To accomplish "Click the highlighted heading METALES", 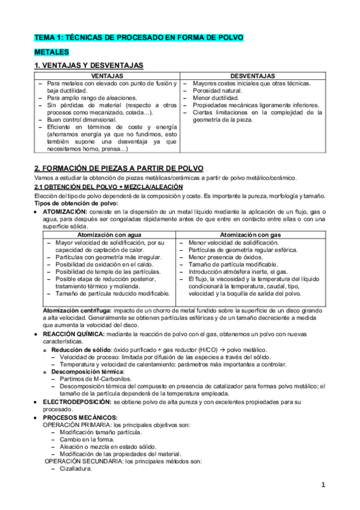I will tap(52, 52).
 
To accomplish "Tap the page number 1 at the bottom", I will tap(323, 485).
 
